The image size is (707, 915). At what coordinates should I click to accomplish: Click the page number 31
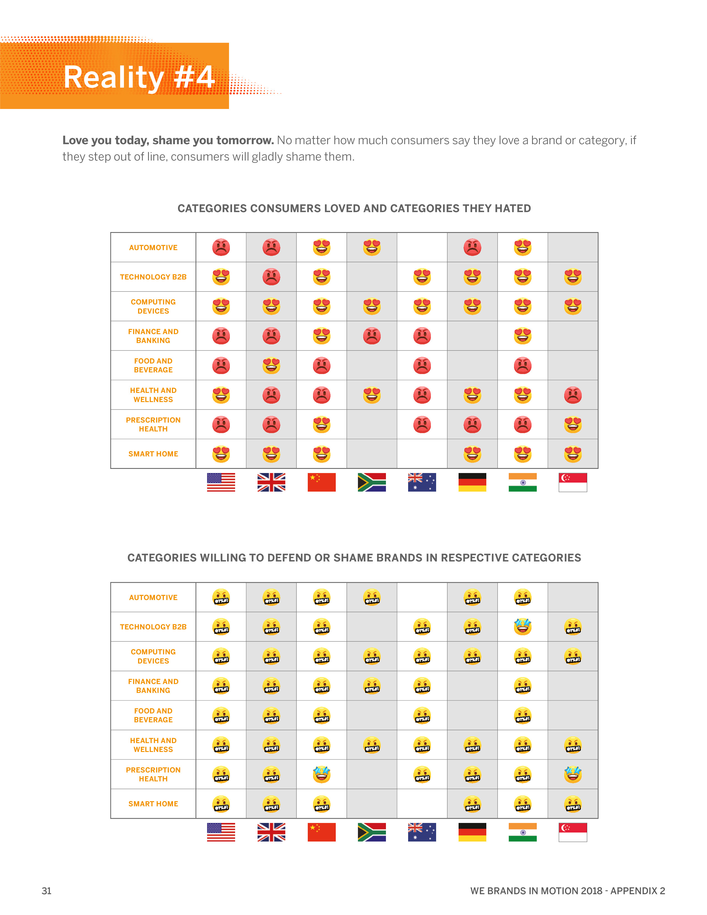coord(47,891)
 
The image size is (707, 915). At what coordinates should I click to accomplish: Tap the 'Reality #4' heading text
coord(139,78)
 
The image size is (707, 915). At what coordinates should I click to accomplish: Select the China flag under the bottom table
coord(321,832)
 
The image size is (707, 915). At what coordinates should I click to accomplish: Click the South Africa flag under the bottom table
coord(372,832)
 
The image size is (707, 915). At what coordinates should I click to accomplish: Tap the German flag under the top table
coord(472,482)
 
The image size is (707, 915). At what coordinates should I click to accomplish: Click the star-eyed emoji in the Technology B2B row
coord(522,627)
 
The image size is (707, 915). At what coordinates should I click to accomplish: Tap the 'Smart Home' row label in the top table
coord(153,454)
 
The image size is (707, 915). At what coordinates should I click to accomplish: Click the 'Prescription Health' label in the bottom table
coord(153,774)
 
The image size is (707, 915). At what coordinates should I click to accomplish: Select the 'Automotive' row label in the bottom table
coord(153,598)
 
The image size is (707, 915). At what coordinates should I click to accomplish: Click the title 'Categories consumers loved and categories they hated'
coord(354,208)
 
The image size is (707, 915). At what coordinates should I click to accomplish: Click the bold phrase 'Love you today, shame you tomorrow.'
coord(168,140)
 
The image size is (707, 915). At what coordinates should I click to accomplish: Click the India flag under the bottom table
coord(522,832)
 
